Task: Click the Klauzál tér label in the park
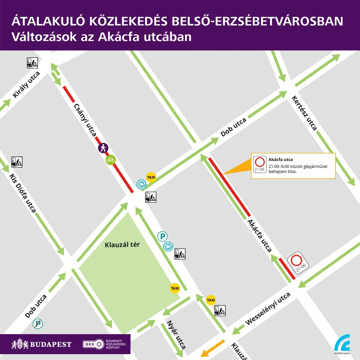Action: click(x=122, y=245)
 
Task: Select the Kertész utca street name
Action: click(x=304, y=113)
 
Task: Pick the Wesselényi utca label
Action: click(x=268, y=309)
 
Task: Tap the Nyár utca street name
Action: click(x=176, y=335)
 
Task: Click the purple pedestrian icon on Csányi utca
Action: click(x=103, y=148)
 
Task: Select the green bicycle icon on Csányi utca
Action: click(x=111, y=160)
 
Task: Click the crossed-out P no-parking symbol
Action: click(x=37, y=324)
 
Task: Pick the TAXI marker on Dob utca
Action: click(x=151, y=177)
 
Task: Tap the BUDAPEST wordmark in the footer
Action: click(x=42, y=344)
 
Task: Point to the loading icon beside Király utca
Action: click(x=32, y=63)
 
